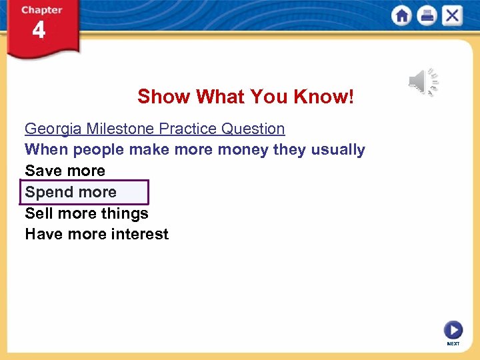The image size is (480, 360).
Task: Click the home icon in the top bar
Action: point(401,15)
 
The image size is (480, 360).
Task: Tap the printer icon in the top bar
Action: point(427,15)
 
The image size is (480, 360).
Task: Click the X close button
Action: point(452,15)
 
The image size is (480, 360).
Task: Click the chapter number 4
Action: point(39,31)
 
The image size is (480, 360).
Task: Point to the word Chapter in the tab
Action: point(41,10)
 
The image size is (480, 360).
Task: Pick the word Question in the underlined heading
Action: point(254,129)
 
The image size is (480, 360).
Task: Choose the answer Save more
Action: point(65,171)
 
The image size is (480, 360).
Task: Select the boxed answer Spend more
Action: point(71,192)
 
